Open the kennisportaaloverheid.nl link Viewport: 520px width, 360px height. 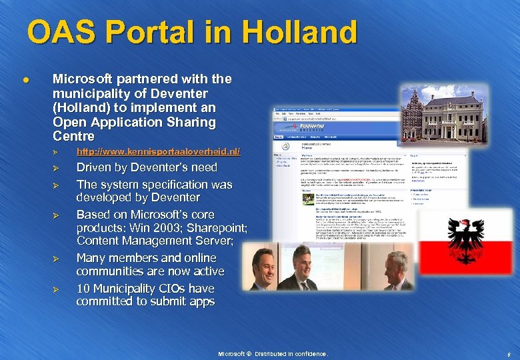[158, 153]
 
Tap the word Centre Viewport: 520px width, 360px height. [73, 136]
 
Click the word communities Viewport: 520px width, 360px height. [109, 271]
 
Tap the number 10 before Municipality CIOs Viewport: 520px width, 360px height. [84, 289]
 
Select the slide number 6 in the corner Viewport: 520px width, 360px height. [507, 354]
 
